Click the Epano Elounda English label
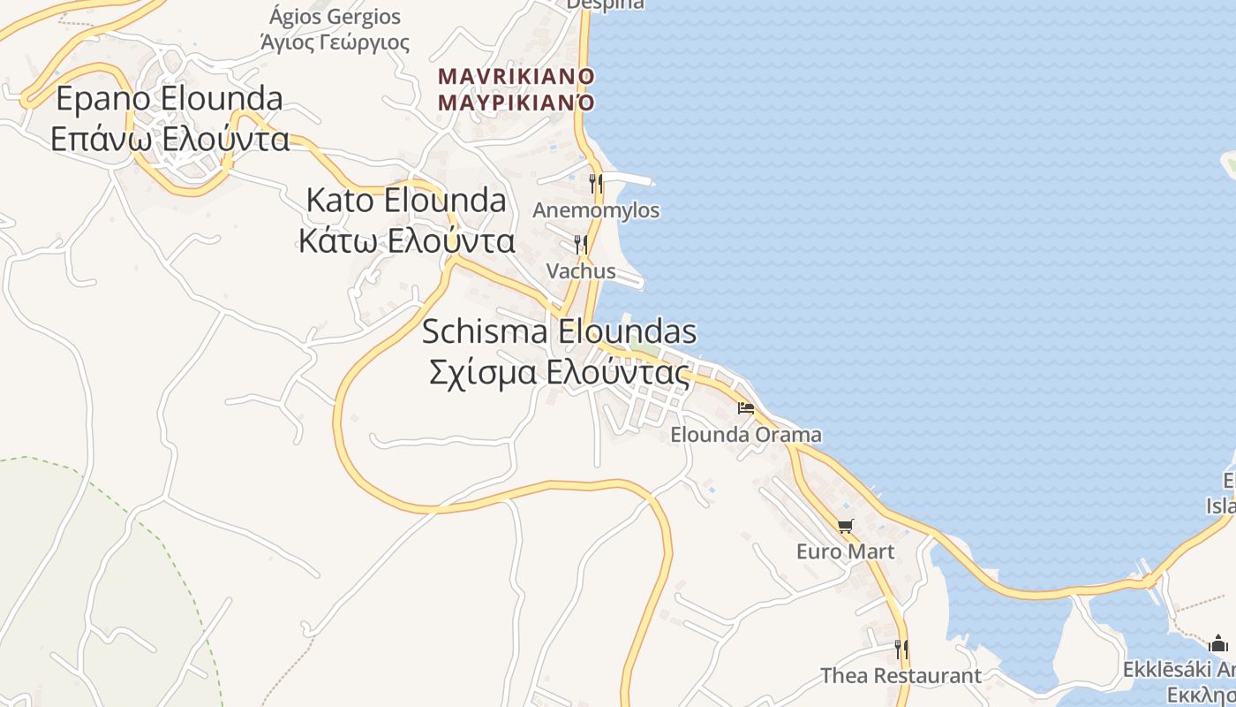[x=170, y=98]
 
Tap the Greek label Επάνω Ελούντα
[x=170, y=139]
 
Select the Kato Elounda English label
[x=406, y=201]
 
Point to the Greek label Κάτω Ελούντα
[x=406, y=240]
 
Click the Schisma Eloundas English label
[x=559, y=332]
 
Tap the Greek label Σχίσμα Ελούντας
[x=559, y=373]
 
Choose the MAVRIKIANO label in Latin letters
[x=516, y=76]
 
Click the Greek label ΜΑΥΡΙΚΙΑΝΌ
[x=516, y=103]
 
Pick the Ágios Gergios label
[x=335, y=17]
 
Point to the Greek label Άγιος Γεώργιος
[x=335, y=42]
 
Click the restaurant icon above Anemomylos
[x=596, y=184]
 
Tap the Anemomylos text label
[x=596, y=210]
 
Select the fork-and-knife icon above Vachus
[x=580, y=244]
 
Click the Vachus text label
[x=581, y=270]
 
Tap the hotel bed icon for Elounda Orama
[x=746, y=408]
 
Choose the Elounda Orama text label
[x=746, y=435]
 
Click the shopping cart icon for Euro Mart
[x=845, y=527]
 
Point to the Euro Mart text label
[x=845, y=552]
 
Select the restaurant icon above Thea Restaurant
[x=901, y=650]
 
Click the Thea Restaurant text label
[x=901, y=676]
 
